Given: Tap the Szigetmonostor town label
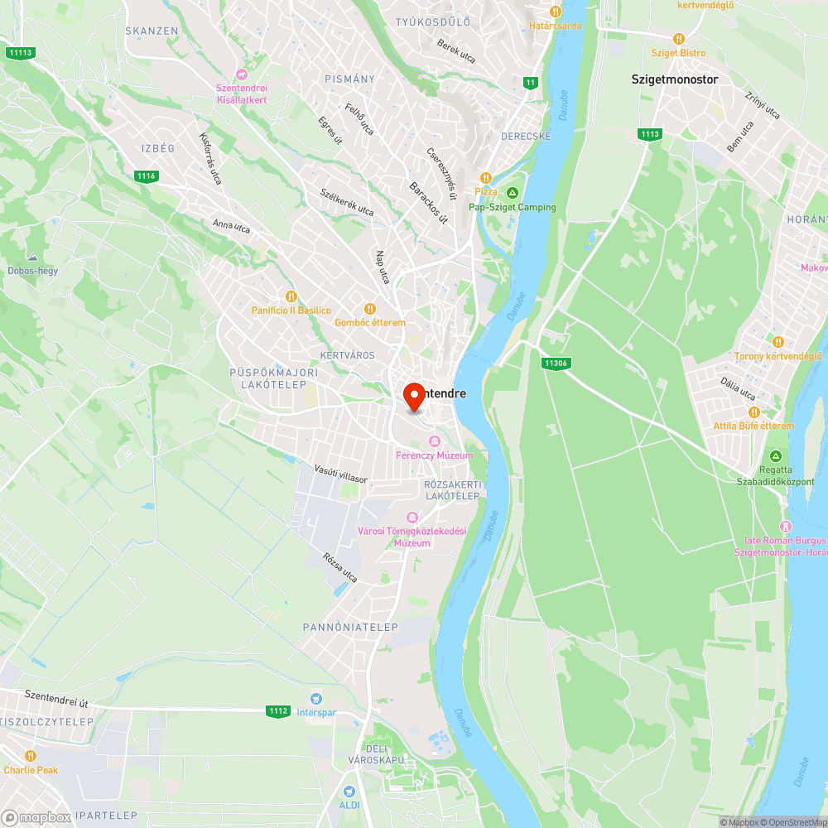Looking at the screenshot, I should [674, 79].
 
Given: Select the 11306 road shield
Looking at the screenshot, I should [556, 363].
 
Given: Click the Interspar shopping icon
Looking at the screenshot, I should [315, 698].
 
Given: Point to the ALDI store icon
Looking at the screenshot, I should [349, 792].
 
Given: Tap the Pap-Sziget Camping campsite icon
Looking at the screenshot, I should [512, 193].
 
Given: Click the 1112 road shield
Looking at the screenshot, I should [279, 710].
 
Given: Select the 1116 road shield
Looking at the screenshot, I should [147, 176].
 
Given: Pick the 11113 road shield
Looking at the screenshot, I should [20, 53].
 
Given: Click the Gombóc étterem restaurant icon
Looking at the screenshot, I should [370, 309].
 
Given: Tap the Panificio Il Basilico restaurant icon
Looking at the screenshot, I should [291, 296].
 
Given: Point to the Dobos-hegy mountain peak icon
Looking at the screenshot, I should [32, 258].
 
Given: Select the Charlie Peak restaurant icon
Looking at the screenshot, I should [31, 756].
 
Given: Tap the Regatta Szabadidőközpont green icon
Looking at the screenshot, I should [776, 456].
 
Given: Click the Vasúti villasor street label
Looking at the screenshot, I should [340, 474].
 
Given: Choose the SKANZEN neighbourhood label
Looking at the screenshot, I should [152, 31].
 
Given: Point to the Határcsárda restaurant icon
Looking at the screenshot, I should [556, 12].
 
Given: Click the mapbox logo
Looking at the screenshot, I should [36, 817].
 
